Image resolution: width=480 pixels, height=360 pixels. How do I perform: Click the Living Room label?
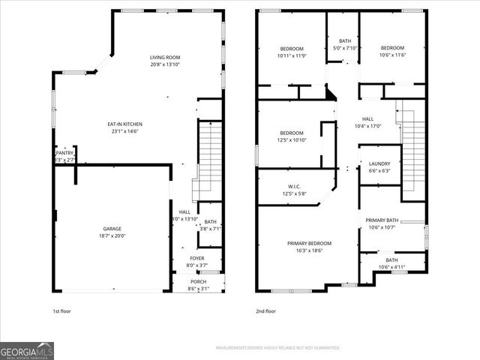pyautogui.click(x=165, y=57)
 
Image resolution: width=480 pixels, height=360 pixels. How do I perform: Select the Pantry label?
pyautogui.click(x=64, y=153)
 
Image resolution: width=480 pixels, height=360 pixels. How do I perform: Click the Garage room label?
pyautogui.click(x=112, y=229)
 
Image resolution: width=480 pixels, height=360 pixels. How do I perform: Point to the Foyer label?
pyautogui.click(x=196, y=258)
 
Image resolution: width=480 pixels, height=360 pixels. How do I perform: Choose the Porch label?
pyautogui.click(x=198, y=281)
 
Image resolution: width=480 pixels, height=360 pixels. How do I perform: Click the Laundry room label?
pyautogui.click(x=379, y=163)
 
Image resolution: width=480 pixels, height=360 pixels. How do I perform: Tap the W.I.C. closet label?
pyautogui.click(x=294, y=187)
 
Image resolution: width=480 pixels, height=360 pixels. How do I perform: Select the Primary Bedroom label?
pyautogui.click(x=310, y=243)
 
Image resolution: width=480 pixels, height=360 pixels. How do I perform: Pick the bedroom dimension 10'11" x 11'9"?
pyautogui.click(x=292, y=55)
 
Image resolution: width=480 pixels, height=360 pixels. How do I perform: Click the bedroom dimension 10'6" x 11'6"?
pyautogui.click(x=391, y=55)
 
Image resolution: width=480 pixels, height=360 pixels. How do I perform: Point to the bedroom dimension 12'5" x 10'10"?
pyautogui.click(x=292, y=140)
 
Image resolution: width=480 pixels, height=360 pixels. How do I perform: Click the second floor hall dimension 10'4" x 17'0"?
pyautogui.click(x=367, y=126)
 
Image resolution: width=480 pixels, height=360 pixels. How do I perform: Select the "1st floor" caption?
pyautogui.click(x=62, y=311)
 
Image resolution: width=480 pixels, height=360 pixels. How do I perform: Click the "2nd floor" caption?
pyautogui.click(x=266, y=311)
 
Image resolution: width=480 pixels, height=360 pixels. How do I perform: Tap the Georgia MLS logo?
pyautogui.click(x=27, y=350)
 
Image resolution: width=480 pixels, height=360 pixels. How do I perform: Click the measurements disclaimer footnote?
pyautogui.click(x=278, y=348)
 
